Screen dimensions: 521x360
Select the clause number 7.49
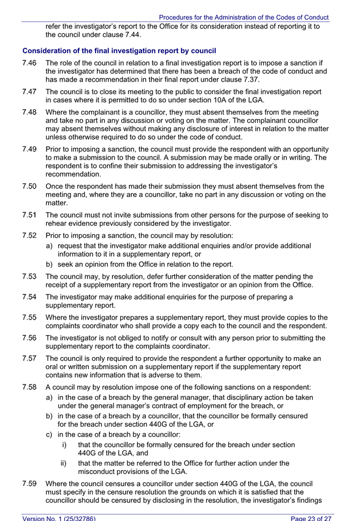(30, 149)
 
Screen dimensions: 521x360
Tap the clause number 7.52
(30, 235)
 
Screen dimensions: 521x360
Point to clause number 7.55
(30, 318)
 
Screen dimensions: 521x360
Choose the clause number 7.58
(30, 388)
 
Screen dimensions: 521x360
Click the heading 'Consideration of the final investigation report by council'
(119, 51)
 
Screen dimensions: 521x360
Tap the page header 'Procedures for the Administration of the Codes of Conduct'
(244, 18)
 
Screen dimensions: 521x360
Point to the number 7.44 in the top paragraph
(131, 35)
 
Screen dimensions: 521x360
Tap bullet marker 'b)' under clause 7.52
(50, 264)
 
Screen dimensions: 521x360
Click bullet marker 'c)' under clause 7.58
(50, 435)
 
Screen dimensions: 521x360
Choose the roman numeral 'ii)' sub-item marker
(64, 463)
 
